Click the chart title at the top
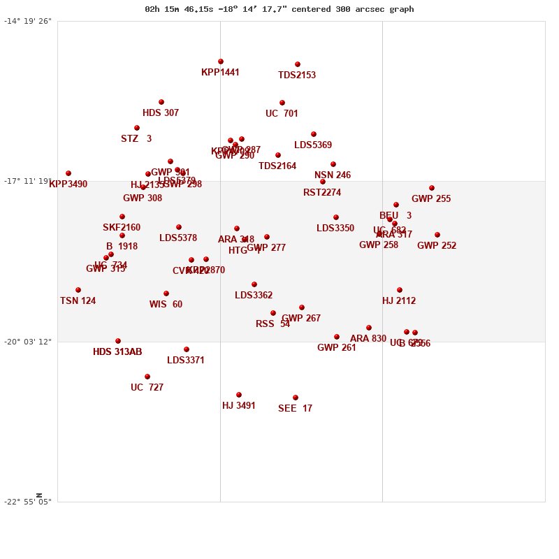tap(279, 9)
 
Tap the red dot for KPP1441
tap(221, 61)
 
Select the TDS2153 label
tap(297, 75)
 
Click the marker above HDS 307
tap(161, 102)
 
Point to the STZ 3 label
tap(136, 139)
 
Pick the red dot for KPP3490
tap(68, 173)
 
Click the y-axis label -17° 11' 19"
tap(28, 181)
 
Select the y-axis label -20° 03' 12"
tap(28, 341)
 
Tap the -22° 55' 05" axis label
tap(28, 502)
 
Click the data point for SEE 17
tap(296, 398)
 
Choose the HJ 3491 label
tap(239, 406)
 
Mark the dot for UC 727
tap(147, 377)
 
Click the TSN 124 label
tap(78, 301)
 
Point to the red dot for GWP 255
tap(432, 188)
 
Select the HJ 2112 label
tap(399, 301)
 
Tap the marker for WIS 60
tap(166, 293)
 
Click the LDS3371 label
tap(186, 361)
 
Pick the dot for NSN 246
tap(333, 164)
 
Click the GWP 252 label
tap(437, 246)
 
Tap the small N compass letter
tap(39, 495)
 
